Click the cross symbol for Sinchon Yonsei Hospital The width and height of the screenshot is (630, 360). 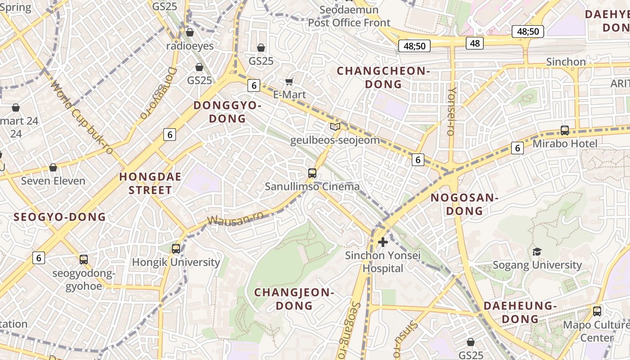(383, 242)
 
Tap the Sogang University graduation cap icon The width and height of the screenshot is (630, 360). (537, 252)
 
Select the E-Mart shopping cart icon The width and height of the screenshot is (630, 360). (289, 81)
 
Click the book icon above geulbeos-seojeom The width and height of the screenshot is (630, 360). (335, 127)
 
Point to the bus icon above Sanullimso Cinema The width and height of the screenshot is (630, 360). (312, 173)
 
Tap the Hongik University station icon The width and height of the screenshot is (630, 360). (176, 248)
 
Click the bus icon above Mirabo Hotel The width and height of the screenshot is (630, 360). (565, 130)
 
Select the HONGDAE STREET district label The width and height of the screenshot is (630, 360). (150, 183)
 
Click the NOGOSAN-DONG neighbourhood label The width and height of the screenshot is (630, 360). (464, 204)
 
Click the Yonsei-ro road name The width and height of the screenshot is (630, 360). (451, 111)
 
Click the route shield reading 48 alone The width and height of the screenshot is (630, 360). (475, 43)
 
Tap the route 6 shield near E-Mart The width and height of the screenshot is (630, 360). (254, 85)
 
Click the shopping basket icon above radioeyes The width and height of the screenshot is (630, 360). (190, 32)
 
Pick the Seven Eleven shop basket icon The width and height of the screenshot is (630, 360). (53, 167)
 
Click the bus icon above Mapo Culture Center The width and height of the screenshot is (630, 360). (597, 311)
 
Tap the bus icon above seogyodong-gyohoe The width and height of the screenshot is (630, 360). (84, 259)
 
